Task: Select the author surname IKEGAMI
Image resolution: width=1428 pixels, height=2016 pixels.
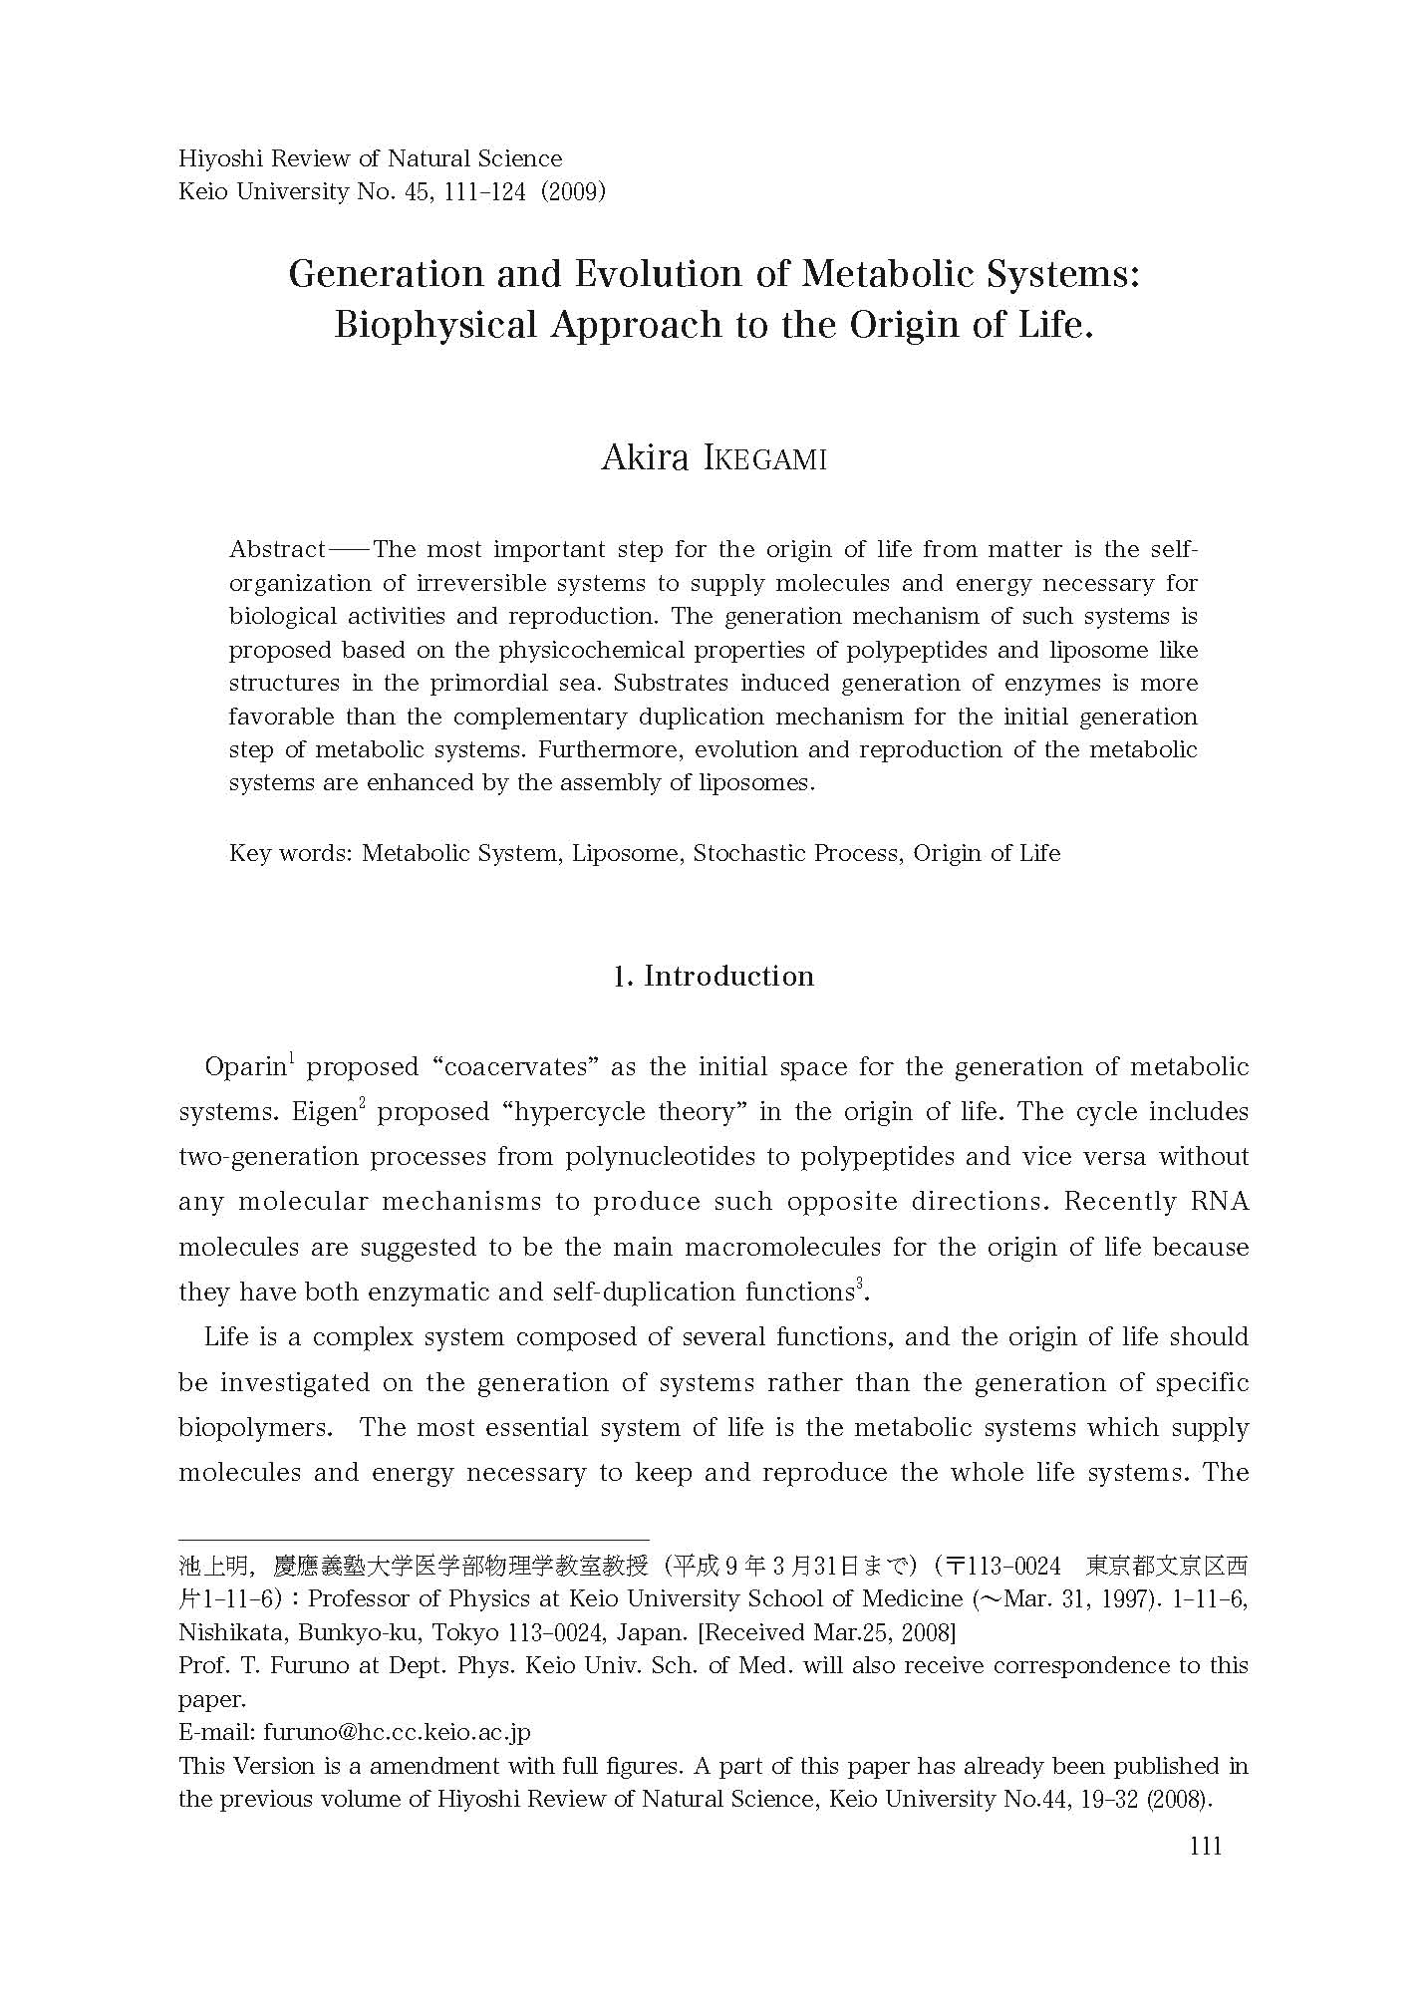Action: click(764, 459)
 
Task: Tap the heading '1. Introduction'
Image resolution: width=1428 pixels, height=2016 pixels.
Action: click(714, 976)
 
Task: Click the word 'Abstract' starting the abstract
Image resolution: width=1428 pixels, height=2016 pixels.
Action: click(277, 550)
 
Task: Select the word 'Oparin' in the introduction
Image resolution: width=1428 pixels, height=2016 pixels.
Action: click(245, 1067)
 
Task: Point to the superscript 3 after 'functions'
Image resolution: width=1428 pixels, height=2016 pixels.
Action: click(859, 1285)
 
